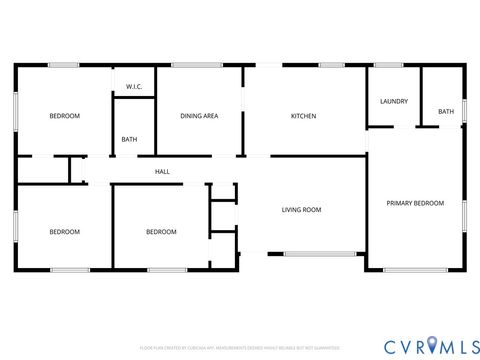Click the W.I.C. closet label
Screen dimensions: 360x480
pos(134,87)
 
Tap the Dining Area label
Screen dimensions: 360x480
pos(199,116)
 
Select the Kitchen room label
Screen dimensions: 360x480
pos(303,116)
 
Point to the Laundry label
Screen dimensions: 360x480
pos(392,102)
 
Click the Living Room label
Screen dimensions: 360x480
pos(301,209)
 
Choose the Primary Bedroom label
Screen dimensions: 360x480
pos(415,203)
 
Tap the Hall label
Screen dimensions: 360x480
pos(162,172)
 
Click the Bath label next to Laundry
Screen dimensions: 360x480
pos(446,111)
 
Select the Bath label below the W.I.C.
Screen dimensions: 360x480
pos(130,139)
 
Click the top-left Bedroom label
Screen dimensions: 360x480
pos(65,116)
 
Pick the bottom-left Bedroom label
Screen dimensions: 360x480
pos(65,232)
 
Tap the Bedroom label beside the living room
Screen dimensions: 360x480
pos(161,232)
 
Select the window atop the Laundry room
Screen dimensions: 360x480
pos(388,65)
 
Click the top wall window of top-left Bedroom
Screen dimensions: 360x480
pos(64,65)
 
